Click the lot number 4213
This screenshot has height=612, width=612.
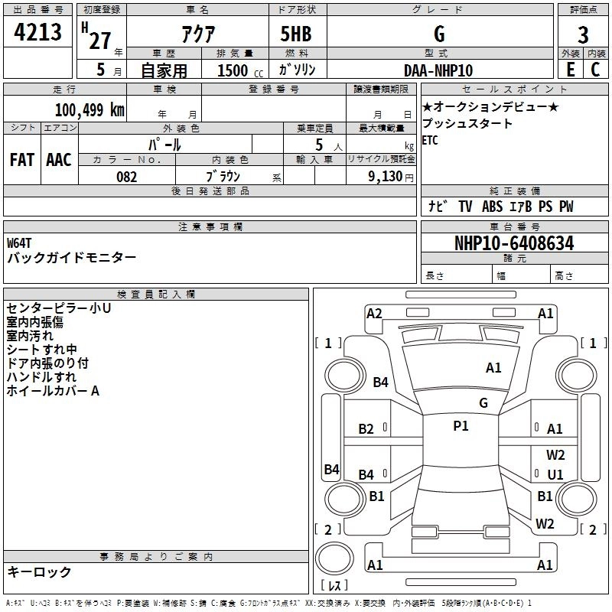point(37,34)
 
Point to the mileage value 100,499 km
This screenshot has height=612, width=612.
point(90,109)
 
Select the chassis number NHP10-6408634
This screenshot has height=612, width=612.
point(514,243)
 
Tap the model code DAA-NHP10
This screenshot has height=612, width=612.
point(438,70)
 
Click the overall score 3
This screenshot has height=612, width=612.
point(583,34)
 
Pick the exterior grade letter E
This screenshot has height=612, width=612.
point(570,70)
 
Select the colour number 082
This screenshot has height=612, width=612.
point(127,177)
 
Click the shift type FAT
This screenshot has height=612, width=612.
point(21,160)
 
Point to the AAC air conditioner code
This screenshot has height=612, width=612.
point(58,160)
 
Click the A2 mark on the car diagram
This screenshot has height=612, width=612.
point(374,313)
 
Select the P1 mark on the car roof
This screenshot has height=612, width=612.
point(461,426)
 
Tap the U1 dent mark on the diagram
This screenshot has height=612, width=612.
point(555,474)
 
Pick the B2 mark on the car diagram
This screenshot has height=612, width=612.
point(366,429)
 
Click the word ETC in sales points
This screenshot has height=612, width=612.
point(430,140)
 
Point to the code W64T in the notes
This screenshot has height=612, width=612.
point(20,243)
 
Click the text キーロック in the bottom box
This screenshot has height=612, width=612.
point(40,571)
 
